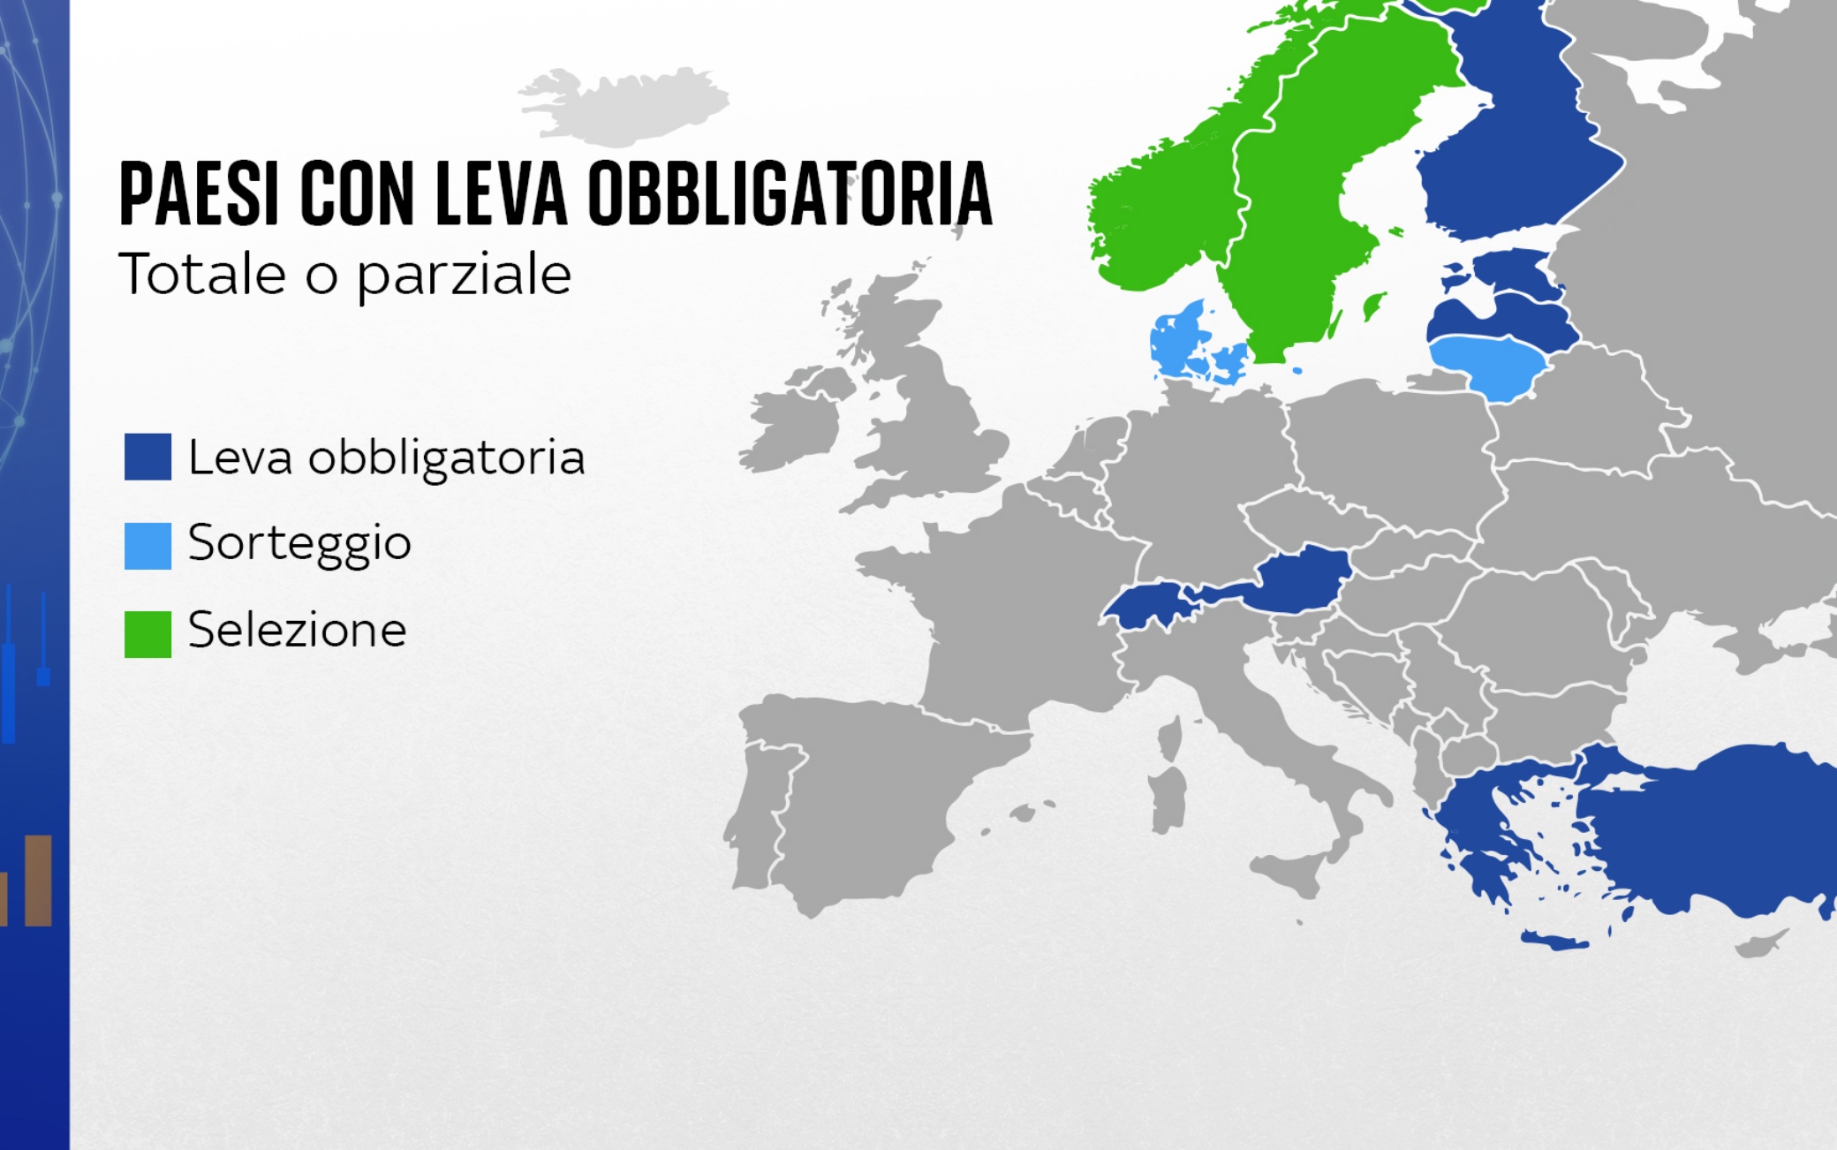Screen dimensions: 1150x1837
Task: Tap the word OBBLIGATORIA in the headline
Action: click(790, 193)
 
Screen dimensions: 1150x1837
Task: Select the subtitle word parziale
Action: click(464, 276)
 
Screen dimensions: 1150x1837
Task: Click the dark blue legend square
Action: click(147, 457)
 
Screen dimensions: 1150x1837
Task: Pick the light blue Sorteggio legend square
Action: click(147, 545)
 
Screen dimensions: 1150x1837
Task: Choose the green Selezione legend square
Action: click(147, 633)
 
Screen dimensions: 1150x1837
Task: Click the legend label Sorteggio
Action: click(299, 543)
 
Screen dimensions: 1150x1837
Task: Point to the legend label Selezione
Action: click(297, 630)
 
